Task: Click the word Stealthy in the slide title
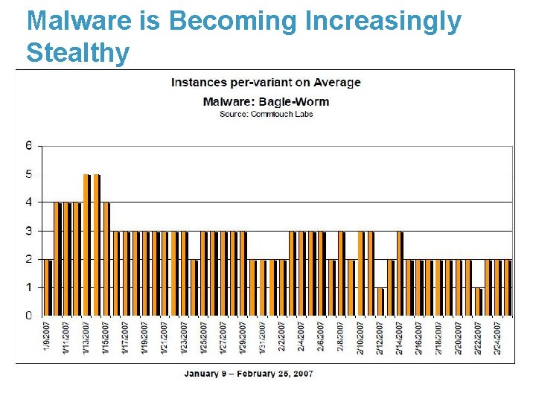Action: (x=78, y=53)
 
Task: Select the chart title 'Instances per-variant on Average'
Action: (x=266, y=82)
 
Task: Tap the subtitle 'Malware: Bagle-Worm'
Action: (x=266, y=101)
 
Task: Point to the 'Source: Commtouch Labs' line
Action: (x=266, y=114)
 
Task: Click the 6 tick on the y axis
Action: (x=29, y=146)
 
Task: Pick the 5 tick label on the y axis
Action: (x=29, y=174)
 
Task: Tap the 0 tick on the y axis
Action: (x=29, y=316)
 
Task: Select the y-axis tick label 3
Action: (x=29, y=231)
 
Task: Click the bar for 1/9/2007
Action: (x=48, y=287)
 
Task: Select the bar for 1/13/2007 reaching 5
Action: (x=87, y=245)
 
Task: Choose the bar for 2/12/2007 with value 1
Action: (x=380, y=301)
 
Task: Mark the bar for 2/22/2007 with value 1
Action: (x=479, y=301)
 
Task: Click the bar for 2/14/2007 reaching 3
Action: (x=400, y=273)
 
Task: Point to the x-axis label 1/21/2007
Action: (x=165, y=338)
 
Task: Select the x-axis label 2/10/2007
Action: (x=360, y=338)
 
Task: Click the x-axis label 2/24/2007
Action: (x=497, y=338)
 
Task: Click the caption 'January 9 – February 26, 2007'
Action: (x=249, y=373)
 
